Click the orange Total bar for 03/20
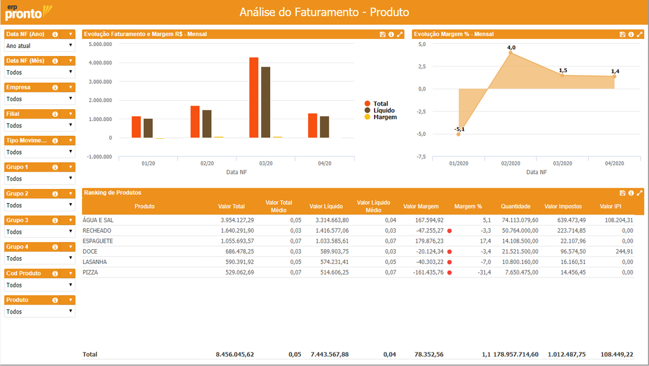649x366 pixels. (254, 97)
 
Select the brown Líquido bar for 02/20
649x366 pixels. (207, 124)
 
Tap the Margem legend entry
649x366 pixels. (381, 117)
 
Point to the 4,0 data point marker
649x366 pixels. (510, 53)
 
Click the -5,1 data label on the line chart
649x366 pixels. (460, 129)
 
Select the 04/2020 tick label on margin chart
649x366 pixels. (614, 164)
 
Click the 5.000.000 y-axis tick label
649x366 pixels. (100, 44)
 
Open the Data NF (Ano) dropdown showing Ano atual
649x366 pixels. (40, 45)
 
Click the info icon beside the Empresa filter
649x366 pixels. (55, 87)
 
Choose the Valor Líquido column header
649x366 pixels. (326, 206)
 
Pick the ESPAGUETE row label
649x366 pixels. (98, 241)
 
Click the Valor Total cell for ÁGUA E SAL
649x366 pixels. (237, 220)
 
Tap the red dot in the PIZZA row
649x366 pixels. (450, 273)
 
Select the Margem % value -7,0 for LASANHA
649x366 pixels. (486, 262)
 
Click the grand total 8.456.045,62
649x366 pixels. (235, 354)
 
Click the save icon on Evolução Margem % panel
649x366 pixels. (622, 34)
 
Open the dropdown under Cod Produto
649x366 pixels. (40, 285)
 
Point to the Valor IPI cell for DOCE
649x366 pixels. (624, 251)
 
